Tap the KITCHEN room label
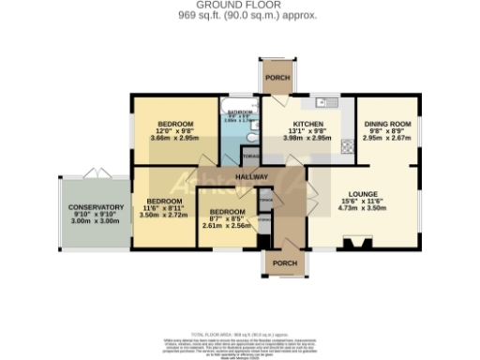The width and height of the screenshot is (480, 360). coord(308,124)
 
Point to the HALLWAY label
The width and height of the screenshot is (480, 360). coord(251,177)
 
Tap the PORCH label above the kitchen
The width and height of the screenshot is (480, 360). coord(277,78)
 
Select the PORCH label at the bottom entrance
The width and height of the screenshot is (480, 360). coord(285,262)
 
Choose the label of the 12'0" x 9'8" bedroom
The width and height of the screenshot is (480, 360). coord(175,124)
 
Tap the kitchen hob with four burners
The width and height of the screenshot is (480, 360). coord(347,145)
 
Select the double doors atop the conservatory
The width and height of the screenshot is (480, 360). coord(90,172)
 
